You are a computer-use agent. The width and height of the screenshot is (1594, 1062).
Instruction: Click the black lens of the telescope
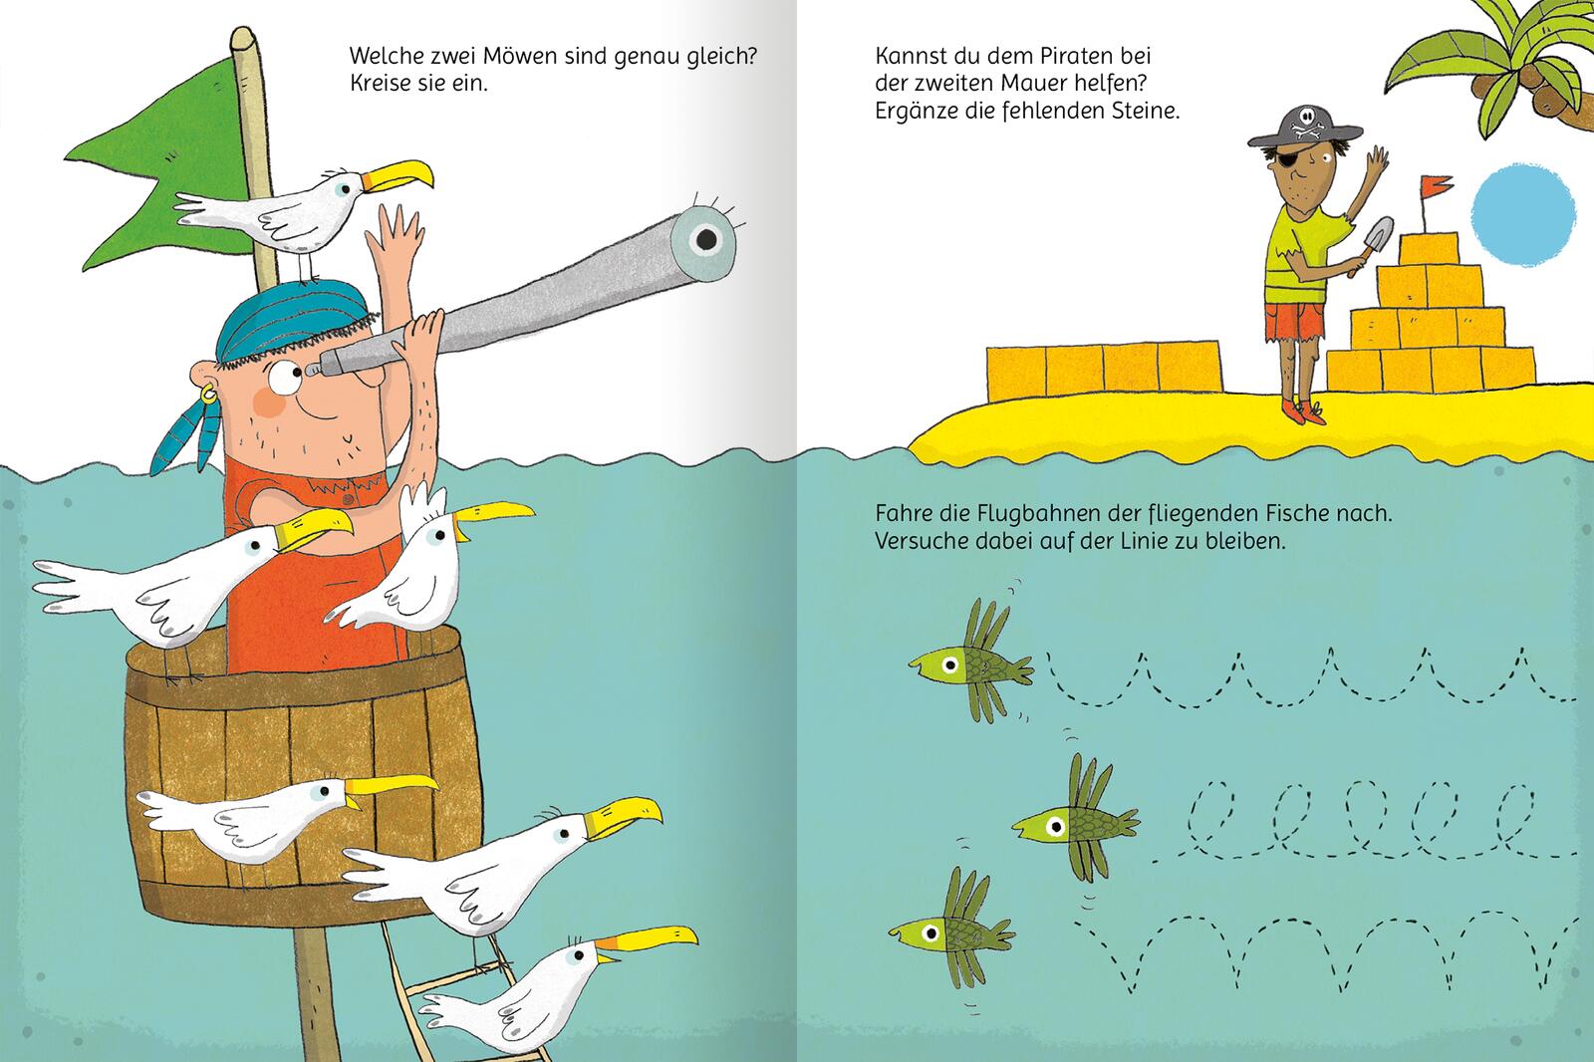[705, 239]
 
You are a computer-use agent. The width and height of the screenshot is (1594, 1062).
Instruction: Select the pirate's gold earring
[207, 395]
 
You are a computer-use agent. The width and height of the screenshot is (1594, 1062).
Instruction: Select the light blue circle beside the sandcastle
[1523, 214]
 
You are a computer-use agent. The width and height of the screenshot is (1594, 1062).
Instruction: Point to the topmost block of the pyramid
[1429, 249]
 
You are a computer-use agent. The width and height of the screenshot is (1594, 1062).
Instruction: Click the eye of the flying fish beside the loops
[1055, 827]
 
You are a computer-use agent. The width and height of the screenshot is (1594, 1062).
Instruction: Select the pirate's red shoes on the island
[1304, 412]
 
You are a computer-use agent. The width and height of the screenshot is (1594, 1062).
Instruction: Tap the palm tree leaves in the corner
[1487, 64]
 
